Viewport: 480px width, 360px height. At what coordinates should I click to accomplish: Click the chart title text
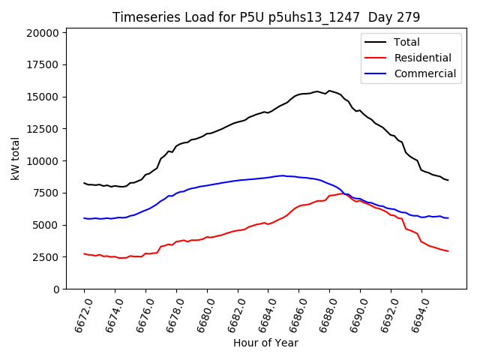(266, 17)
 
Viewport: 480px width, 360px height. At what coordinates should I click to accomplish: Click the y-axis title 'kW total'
(15, 158)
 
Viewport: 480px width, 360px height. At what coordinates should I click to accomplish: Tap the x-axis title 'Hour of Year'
(265, 343)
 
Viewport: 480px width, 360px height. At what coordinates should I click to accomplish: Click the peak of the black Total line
(329, 90)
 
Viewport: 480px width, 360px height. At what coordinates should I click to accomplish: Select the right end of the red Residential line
(448, 251)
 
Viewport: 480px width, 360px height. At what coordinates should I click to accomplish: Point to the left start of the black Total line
(84, 183)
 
